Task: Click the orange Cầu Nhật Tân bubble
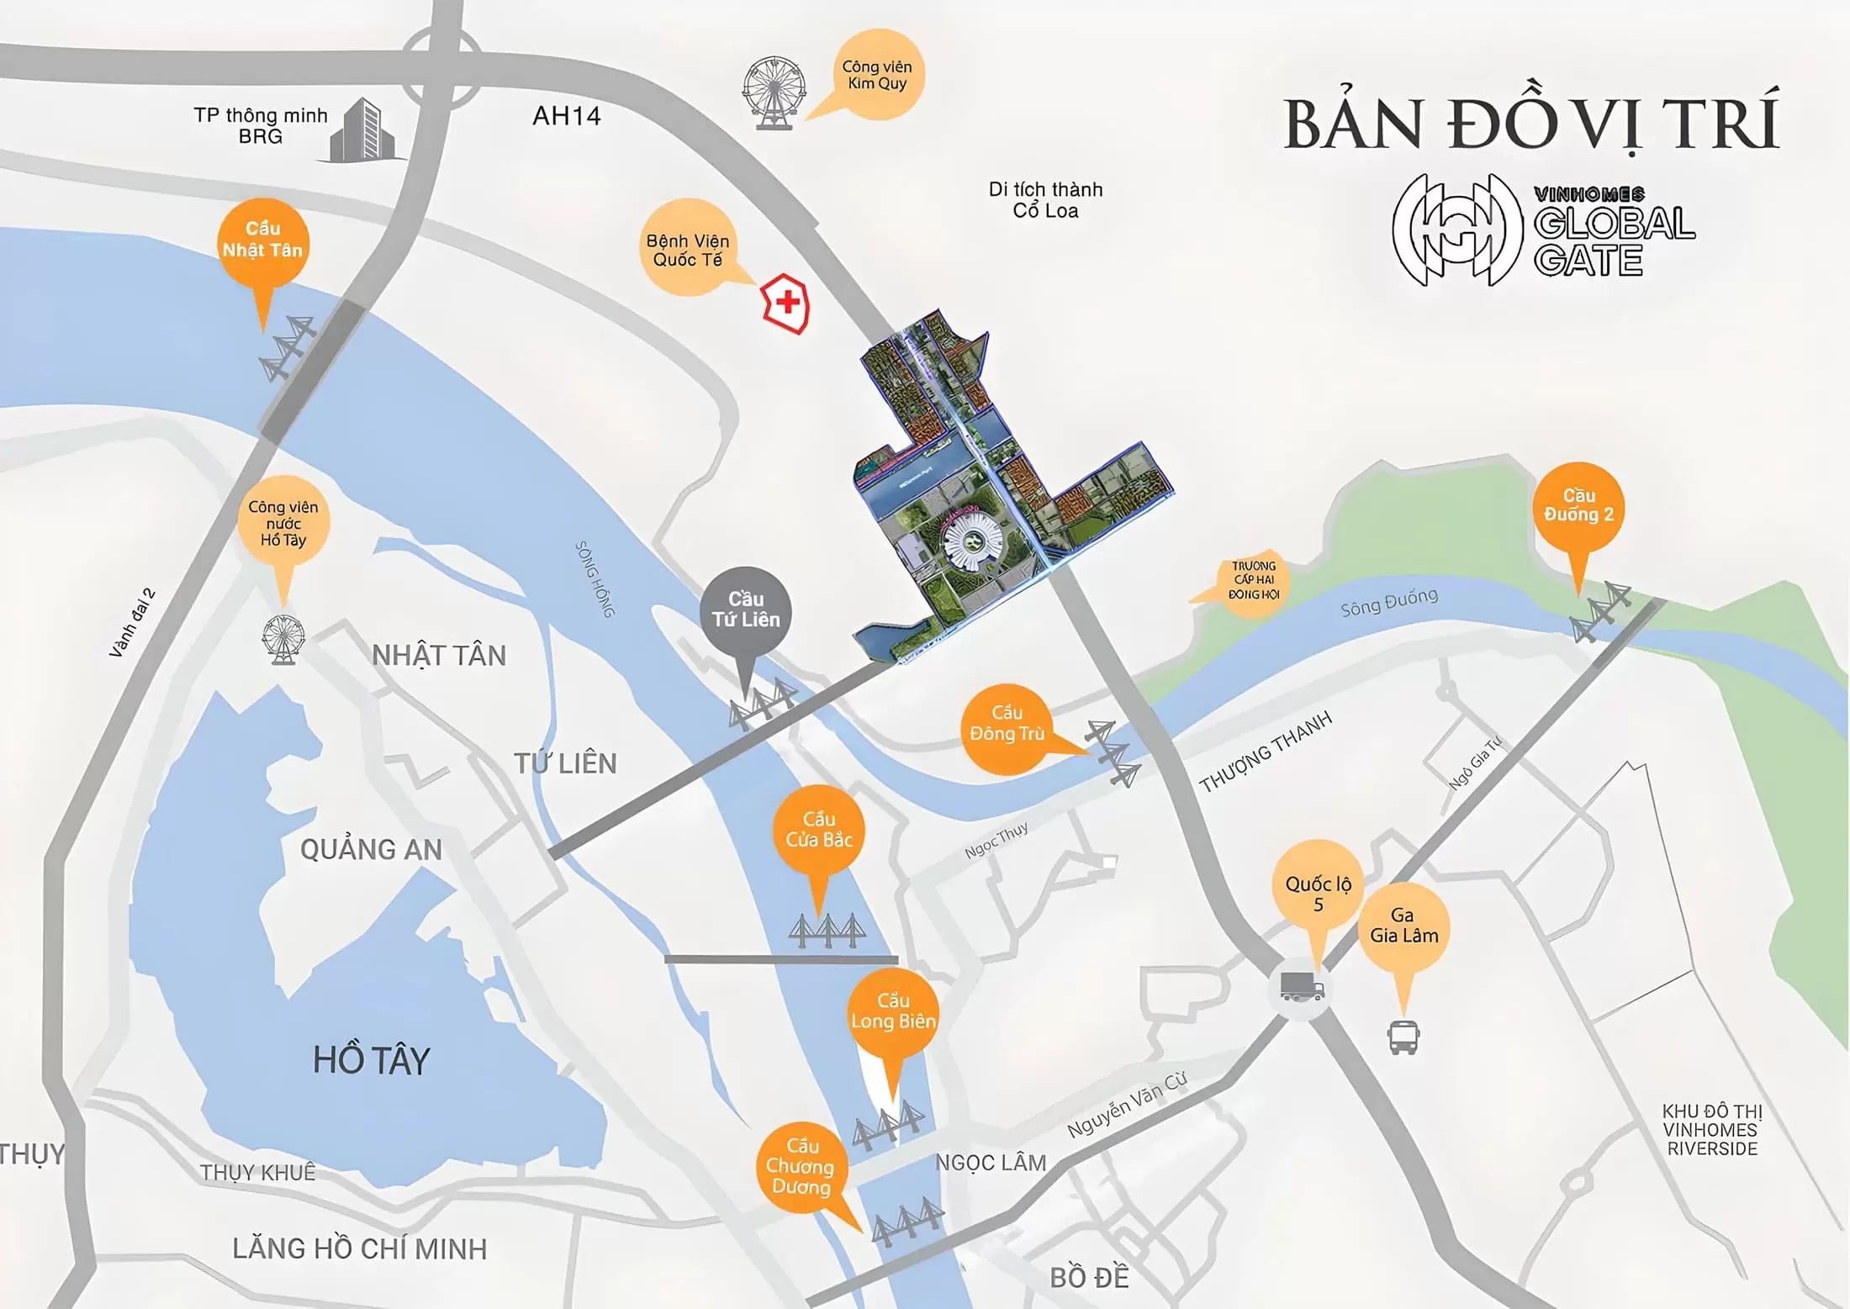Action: pyautogui.click(x=262, y=241)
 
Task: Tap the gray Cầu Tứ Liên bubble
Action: pyautogui.click(x=746, y=610)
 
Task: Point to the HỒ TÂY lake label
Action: pyautogui.click(x=371, y=1060)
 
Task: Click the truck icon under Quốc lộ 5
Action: pyautogui.click(x=1301, y=986)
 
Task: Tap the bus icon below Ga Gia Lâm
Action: pyautogui.click(x=1403, y=1037)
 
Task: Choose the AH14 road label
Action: pyautogui.click(x=566, y=116)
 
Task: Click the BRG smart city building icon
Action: pyautogui.click(x=362, y=130)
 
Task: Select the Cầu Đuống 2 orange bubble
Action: pyautogui.click(x=1578, y=506)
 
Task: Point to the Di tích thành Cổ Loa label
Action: pyautogui.click(x=1045, y=200)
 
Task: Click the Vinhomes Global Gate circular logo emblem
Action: pyautogui.click(x=1457, y=230)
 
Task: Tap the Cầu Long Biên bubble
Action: pyautogui.click(x=892, y=1012)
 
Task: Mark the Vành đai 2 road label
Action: pyautogui.click(x=132, y=623)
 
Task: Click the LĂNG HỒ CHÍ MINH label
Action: pyautogui.click(x=359, y=1249)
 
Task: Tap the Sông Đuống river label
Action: pyautogui.click(x=1388, y=602)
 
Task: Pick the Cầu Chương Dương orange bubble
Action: pyautogui.click(x=801, y=1167)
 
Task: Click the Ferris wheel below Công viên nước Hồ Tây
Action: pyautogui.click(x=283, y=639)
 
